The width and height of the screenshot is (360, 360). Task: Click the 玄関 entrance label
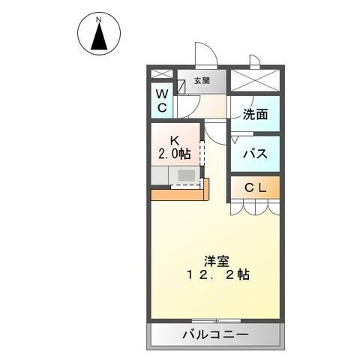[x=201, y=81]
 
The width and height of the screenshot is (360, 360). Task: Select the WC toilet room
[x=162, y=100]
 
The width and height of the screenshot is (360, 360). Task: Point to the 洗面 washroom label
[x=255, y=115]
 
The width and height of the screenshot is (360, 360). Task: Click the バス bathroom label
[x=255, y=154]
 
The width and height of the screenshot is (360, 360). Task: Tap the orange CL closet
[x=255, y=187]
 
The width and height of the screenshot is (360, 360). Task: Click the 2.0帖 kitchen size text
[x=173, y=154]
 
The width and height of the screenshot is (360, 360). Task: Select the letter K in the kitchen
[x=173, y=140]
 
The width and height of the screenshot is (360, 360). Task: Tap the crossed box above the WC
[x=162, y=74]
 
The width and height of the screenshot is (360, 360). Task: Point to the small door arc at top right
[x=254, y=61]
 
